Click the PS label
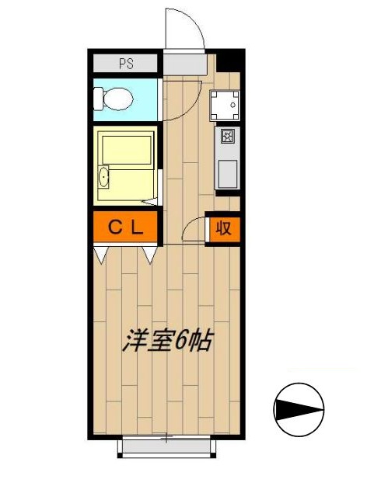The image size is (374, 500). [124, 64]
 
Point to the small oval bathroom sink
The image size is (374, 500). [104, 179]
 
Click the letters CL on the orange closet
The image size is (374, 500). [124, 227]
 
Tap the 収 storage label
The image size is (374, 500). [224, 228]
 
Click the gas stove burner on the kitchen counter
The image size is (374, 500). [227, 137]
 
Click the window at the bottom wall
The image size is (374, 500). [166, 443]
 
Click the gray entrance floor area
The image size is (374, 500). [184, 64]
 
